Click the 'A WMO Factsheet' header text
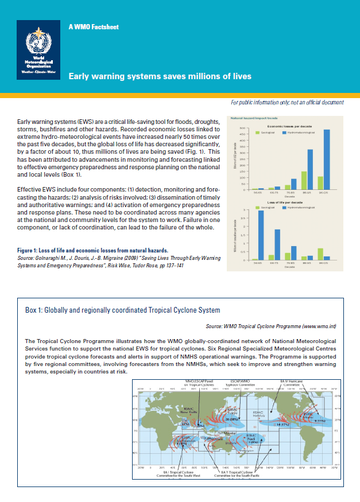[x=94, y=27]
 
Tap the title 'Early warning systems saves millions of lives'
[x=160, y=76]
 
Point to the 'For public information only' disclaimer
[x=287, y=102]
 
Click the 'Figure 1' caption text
[x=92, y=250]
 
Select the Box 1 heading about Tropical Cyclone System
[x=122, y=310]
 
